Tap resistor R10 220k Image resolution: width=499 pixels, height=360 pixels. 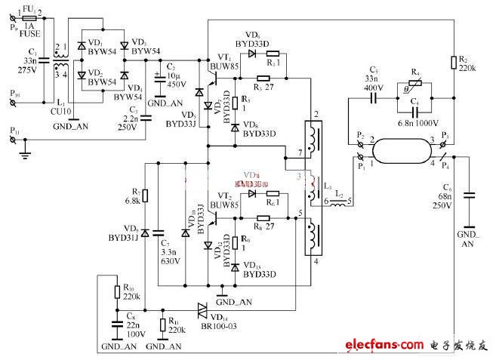click(x=117, y=291)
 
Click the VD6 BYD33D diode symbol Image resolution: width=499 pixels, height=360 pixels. click(x=254, y=53)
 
